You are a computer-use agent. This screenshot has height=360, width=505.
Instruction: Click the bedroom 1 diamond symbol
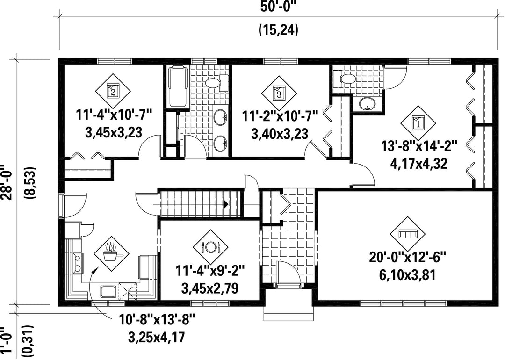[x=418, y=123]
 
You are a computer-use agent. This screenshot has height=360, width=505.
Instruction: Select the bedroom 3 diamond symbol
[x=279, y=94]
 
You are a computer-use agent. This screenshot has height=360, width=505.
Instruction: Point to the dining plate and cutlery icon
[x=210, y=247]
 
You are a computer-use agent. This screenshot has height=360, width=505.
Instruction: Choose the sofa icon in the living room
[x=407, y=233]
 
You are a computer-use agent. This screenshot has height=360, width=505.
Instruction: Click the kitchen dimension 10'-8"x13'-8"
[x=157, y=320]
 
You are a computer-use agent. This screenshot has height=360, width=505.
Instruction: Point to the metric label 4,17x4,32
[x=418, y=164]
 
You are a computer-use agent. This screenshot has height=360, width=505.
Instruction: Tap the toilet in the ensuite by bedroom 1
[x=344, y=79]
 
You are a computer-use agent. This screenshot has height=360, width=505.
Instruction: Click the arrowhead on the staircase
[x=226, y=204]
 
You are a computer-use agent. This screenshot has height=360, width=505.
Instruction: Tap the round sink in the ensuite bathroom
[x=367, y=104]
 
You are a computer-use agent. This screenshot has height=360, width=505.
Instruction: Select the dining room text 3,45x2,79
[x=210, y=288]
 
